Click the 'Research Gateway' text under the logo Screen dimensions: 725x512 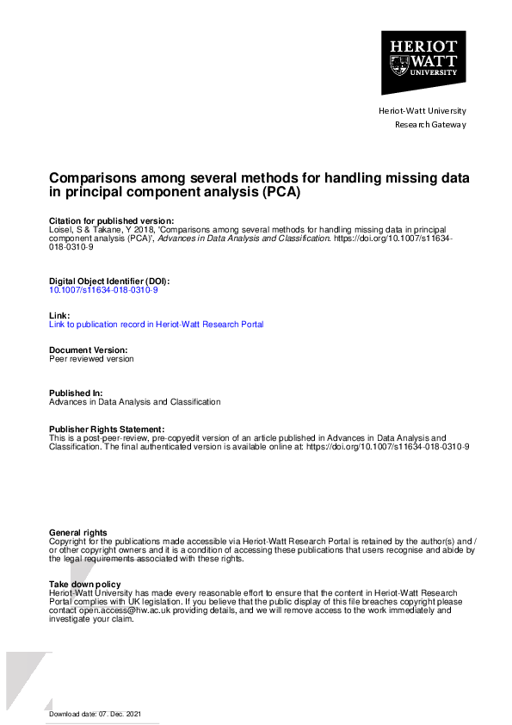pos(429,125)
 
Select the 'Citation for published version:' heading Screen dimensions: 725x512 pos(111,221)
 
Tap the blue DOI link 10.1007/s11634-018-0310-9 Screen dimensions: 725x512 pos(103,290)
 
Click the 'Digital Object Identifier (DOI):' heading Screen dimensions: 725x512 pos(109,282)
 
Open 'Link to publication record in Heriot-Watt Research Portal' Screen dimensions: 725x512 pos(156,325)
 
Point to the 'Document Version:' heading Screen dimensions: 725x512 pos(89,350)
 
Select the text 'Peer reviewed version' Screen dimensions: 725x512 pos(91,359)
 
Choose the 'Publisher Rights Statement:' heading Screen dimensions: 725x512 pos(107,429)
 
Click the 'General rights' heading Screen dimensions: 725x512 pos(78,533)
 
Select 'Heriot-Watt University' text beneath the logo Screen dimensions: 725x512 pos(423,110)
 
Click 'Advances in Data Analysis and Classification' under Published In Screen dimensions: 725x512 pos(134,402)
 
